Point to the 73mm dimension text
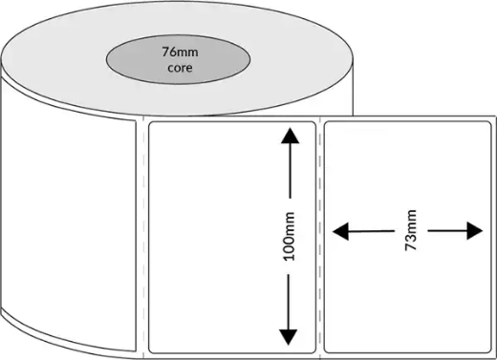pos(412,230)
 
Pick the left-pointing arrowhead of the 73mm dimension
pos(339,230)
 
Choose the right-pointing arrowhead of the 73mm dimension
pos(474,230)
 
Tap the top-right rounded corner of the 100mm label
pos(313,124)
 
